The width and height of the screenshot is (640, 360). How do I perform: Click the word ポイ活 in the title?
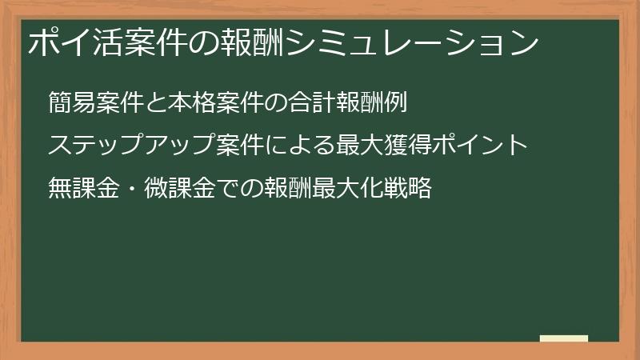point(70,42)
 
